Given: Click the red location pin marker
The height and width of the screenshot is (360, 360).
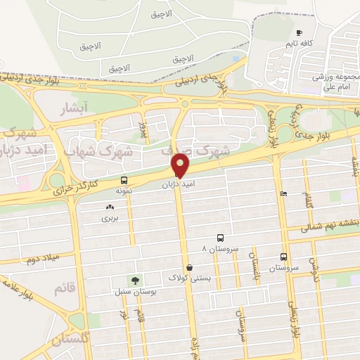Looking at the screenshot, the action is (181, 166).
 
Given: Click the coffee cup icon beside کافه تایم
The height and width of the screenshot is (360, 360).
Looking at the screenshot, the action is (299, 32).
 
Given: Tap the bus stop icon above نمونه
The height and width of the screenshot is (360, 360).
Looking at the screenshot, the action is (124, 180).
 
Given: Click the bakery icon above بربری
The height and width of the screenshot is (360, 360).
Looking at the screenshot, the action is (109, 207).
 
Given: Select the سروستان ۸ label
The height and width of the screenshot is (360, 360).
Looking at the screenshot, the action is (220, 249).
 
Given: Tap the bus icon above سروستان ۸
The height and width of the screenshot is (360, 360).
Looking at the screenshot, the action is (221, 238).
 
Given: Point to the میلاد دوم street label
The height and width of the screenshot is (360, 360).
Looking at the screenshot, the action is (40, 259).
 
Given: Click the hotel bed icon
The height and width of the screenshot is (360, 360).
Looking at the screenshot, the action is (283, 194).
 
